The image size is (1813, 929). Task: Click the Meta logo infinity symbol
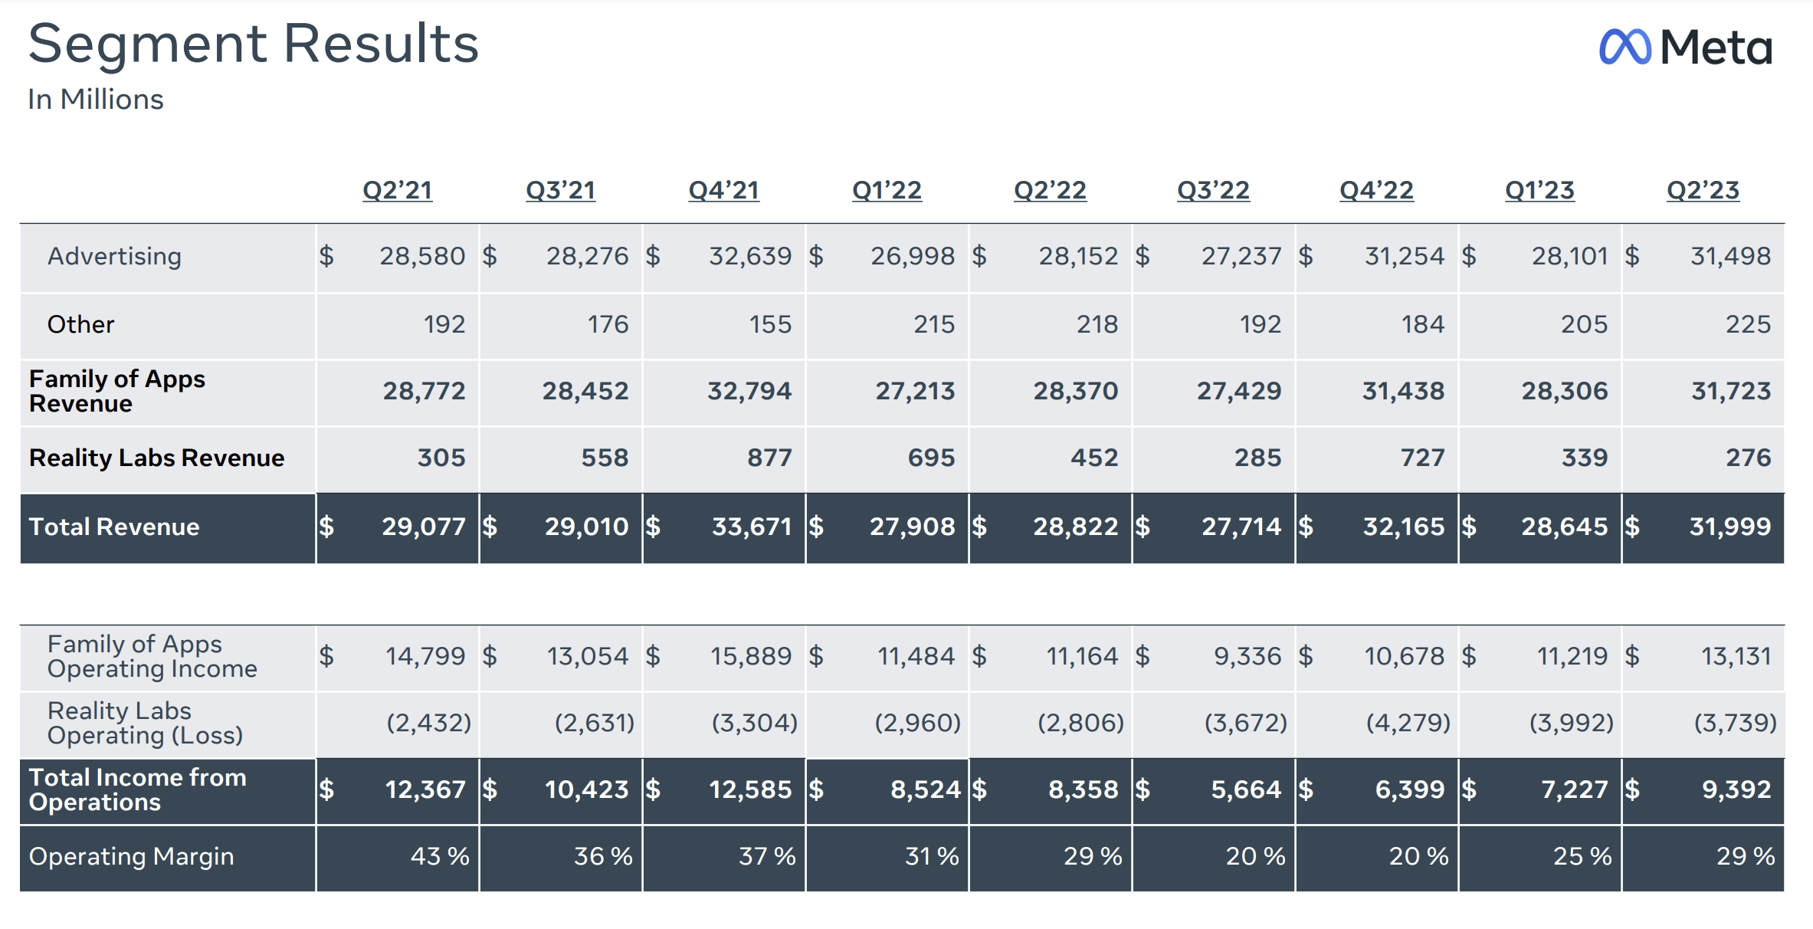click(x=1624, y=47)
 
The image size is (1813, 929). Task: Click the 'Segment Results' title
click(x=253, y=44)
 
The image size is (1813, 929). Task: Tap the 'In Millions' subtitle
click(x=96, y=100)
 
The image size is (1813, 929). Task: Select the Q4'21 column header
click(x=723, y=189)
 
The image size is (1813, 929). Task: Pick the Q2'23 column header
click(x=1703, y=189)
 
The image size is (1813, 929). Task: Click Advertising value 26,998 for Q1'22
click(x=912, y=256)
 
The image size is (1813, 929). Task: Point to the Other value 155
click(x=770, y=324)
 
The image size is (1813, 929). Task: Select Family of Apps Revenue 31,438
click(x=1402, y=391)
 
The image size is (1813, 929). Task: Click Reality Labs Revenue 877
click(x=769, y=458)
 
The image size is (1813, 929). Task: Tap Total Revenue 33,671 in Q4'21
click(x=751, y=527)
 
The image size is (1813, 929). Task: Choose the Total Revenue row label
click(x=114, y=527)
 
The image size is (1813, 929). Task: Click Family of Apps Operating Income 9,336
click(x=1247, y=656)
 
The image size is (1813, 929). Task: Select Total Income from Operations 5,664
click(x=1245, y=789)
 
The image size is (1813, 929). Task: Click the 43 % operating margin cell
click(x=439, y=856)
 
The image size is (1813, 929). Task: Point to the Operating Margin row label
click(x=131, y=856)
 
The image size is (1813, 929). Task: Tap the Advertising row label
click(x=114, y=256)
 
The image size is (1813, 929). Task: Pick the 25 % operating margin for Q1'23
click(x=1582, y=856)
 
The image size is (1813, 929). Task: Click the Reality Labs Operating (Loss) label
click(x=145, y=723)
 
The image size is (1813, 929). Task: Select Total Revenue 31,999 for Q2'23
click(x=1729, y=527)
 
